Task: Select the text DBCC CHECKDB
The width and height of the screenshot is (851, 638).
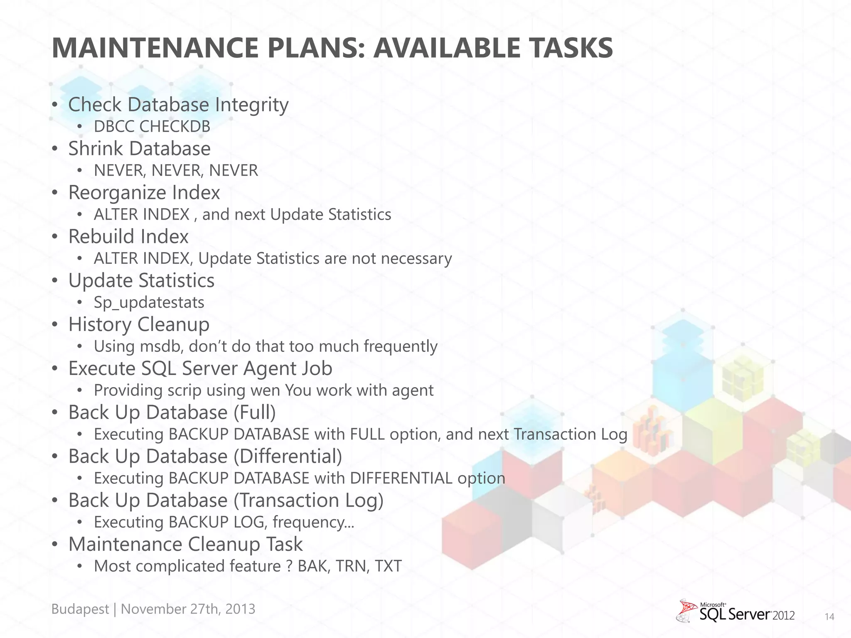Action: click(x=152, y=127)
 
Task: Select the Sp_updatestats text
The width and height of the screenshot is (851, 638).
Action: click(x=149, y=303)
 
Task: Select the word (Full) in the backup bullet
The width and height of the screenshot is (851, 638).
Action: click(x=255, y=412)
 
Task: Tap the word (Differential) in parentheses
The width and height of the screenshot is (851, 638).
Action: click(x=288, y=456)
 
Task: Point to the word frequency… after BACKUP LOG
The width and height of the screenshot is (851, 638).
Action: click(x=313, y=522)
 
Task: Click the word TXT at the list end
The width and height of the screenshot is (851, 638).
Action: click(x=388, y=566)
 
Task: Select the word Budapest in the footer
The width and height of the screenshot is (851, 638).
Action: click(x=80, y=609)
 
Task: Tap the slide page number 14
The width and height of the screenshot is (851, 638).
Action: click(x=829, y=617)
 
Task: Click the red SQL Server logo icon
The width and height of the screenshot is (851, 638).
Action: click(x=686, y=611)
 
